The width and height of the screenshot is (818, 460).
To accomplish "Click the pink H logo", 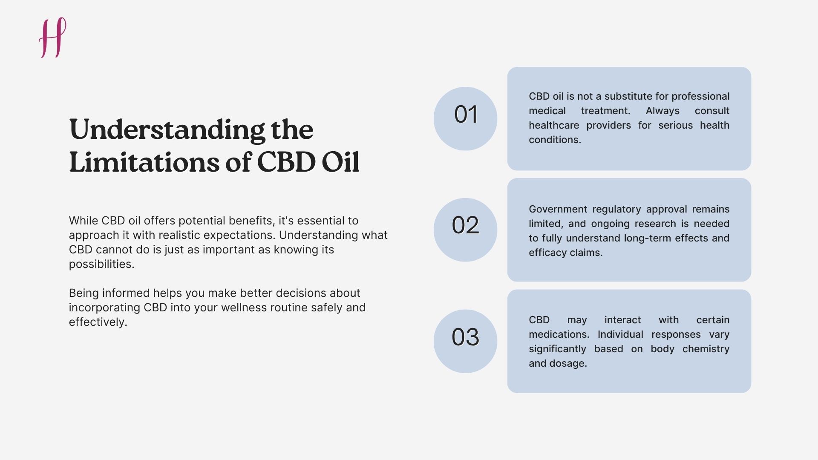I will [53, 37].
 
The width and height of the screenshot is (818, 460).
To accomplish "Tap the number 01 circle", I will [465, 118].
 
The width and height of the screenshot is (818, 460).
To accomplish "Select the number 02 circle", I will [465, 230].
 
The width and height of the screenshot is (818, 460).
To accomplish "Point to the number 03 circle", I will [465, 341].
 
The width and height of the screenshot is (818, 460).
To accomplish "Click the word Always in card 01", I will [662, 111].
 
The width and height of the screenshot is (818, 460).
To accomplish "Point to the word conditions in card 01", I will [554, 140].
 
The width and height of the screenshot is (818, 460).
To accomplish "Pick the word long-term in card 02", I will [648, 238].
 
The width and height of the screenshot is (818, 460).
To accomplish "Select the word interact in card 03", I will [622, 320].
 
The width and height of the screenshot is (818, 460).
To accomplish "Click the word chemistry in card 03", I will [706, 349].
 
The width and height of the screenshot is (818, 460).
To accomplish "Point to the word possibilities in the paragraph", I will [101, 264].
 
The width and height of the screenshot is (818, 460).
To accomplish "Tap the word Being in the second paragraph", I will [84, 293].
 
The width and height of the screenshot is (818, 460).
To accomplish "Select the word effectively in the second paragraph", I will [98, 322].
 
